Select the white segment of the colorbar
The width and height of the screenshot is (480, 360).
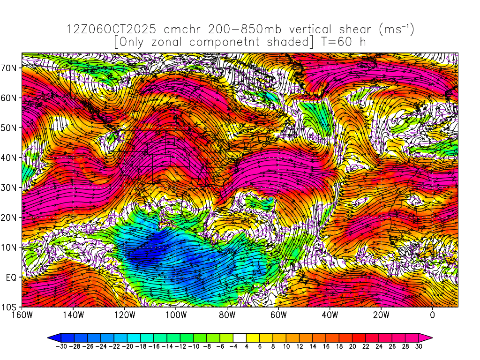pyautogui.click(x=240, y=337)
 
